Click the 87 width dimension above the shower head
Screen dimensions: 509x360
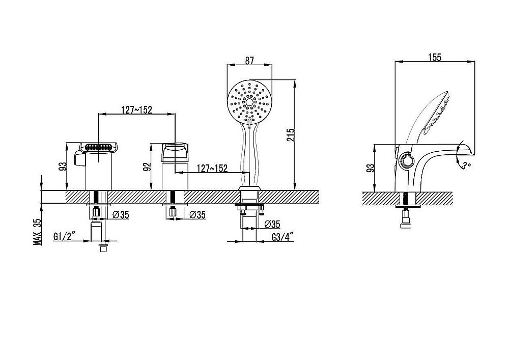[249, 61]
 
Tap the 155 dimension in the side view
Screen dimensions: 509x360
[435, 57]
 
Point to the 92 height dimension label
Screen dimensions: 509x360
[147, 167]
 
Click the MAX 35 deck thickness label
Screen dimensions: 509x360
[38, 232]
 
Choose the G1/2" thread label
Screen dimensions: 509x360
[65, 236]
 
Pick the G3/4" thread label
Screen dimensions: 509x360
[282, 237]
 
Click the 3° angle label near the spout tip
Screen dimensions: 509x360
[466, 165]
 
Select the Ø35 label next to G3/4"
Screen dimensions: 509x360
[272, 224]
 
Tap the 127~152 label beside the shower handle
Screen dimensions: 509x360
[212, 168]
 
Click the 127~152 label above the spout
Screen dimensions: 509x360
[136, 110]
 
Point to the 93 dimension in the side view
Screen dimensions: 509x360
[370, 168]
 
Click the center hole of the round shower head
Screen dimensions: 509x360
[249, 102]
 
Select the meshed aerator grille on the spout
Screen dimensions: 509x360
[99, 147]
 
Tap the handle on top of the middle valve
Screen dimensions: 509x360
[175, 152]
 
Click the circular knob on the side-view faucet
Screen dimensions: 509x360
[406, 160]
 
